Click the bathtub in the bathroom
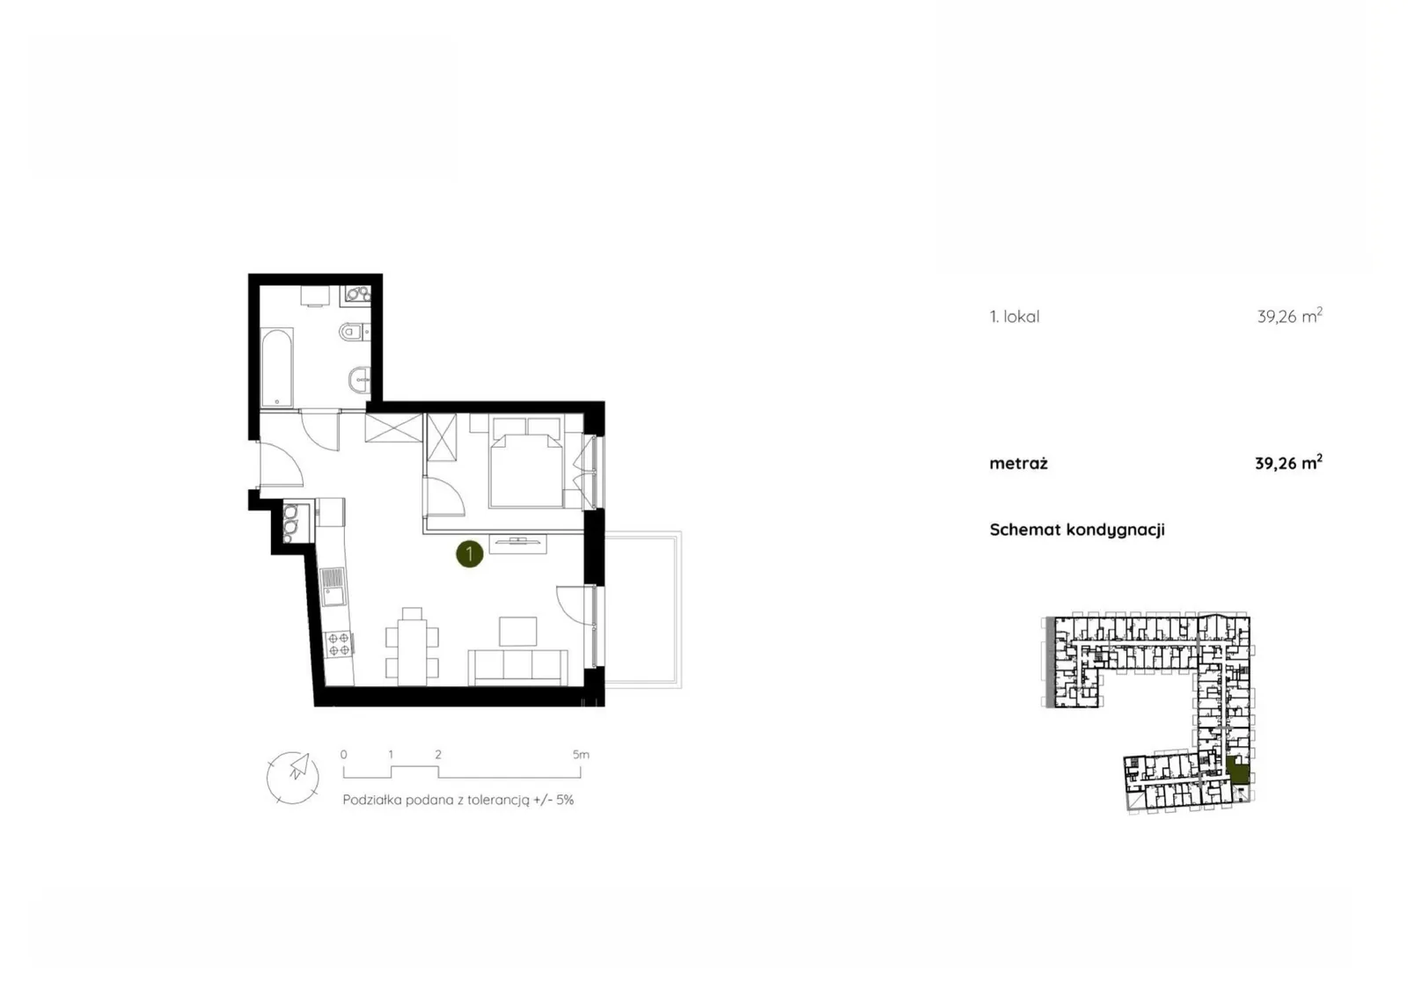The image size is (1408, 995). (276, 367)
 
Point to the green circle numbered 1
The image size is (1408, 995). (469, 553)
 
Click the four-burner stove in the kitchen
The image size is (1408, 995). (339, 643)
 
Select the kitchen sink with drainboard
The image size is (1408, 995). (333, 586)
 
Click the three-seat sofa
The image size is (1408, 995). (518, 667)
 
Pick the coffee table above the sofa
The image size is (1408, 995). (518, 631)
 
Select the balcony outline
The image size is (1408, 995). (643, 610)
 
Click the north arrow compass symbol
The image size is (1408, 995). (293, 777)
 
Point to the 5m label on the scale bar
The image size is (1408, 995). (581, 754)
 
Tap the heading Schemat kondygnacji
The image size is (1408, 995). (1077, 530)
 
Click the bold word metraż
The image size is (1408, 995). (1018, 464)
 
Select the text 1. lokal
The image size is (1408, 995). (1015, 317)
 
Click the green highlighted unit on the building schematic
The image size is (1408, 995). (1237, 771)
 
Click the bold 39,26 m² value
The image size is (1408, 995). (1288, 464)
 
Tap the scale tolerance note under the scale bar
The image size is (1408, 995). (458, 801)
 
